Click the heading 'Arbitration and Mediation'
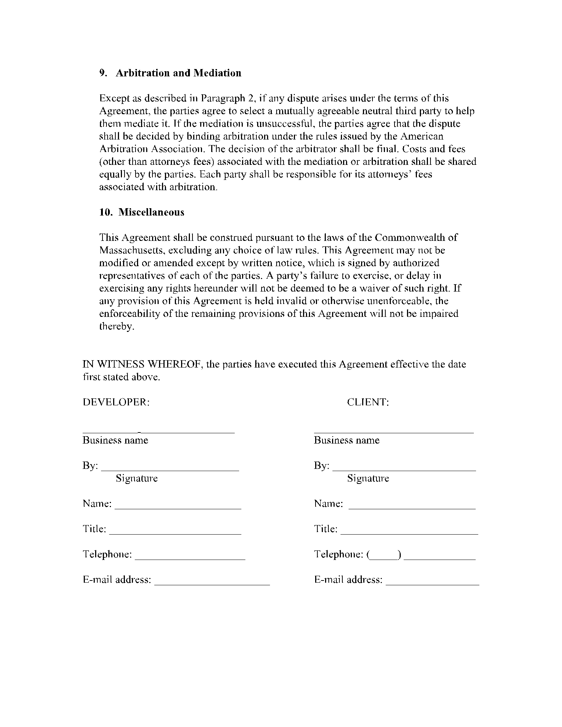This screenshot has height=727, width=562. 179,73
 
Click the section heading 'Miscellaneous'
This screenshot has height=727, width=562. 151,212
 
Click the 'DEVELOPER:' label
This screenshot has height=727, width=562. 116,402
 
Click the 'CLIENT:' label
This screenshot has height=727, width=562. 368,402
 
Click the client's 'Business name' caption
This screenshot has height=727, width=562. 346,440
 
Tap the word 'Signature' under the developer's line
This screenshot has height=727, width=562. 137,478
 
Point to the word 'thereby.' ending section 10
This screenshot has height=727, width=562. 117,326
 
